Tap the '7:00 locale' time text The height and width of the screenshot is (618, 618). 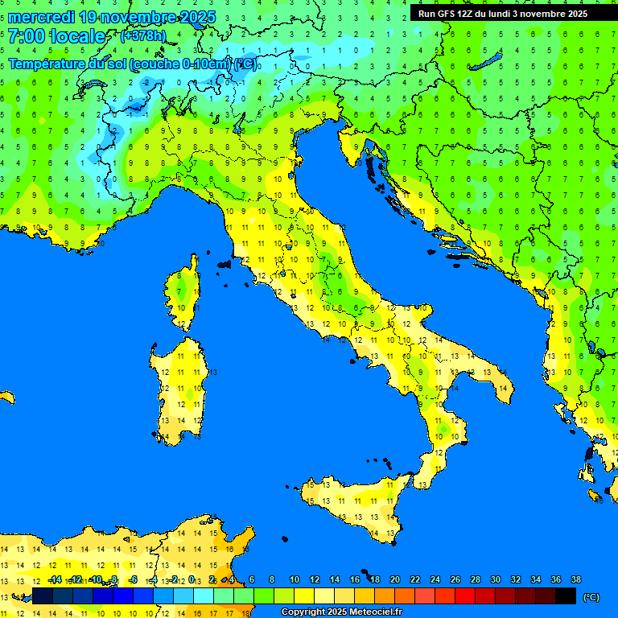coord(56,36)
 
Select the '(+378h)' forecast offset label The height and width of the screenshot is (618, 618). coord(142,36)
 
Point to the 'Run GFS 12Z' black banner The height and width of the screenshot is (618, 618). coord(503,14)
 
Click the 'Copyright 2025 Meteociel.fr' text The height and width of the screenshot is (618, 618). coord(341,612)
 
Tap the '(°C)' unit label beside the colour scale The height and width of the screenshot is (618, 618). coord(591,596)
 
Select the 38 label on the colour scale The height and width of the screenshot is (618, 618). coord(575,580)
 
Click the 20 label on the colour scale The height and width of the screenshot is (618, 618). coord(394,580)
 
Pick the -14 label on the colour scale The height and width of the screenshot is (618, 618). coord(55,580)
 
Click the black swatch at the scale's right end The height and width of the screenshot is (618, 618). coord(566,595)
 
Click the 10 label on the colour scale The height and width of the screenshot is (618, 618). coord(294,580)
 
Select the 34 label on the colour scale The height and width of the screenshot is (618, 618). coord(535,580)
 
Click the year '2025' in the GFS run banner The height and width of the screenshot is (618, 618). coord(575,14)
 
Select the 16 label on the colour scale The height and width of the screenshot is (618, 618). coord(354,580)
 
